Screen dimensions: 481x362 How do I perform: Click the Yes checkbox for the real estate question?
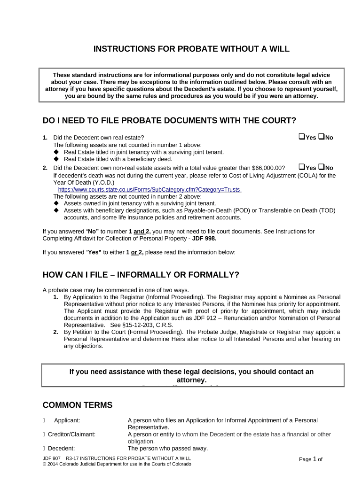[x=301, y=137]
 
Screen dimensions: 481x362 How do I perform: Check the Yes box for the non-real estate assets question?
[x=301, y=167]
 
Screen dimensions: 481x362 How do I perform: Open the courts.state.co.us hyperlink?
[x=149, y=189]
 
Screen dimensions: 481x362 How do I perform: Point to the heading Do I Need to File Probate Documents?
[x=169, y=121]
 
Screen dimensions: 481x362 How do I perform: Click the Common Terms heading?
[x=78, y=405]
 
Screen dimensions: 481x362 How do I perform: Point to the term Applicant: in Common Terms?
[x=67, y=420]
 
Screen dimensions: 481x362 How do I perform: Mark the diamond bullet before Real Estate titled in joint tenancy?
[x=56, y=152]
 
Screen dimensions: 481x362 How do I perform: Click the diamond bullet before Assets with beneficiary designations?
[x=56, y=210]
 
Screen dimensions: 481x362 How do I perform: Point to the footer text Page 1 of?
[x=310, y=459]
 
